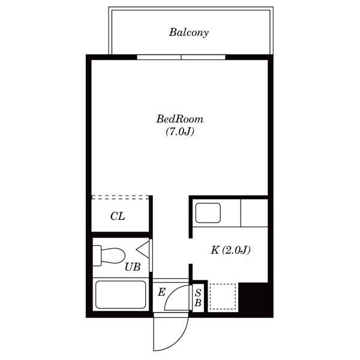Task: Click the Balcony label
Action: pos(189,32)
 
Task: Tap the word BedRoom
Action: pos(180,119)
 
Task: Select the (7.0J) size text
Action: pos(180,131)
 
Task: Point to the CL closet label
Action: pos(118,216)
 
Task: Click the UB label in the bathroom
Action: pos(133,267)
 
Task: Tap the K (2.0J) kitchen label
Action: pos(230,250)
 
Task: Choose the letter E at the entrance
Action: pos(161,292)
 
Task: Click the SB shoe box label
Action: pos(198,298)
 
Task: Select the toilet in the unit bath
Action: pos(109,256)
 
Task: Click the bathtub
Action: pos(121,295)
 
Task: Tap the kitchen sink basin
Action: pos(208,213)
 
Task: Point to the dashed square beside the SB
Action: pos(223,296)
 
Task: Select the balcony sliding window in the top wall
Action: pos(181,57)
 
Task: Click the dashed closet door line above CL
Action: pos(121,197)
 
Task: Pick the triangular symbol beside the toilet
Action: pos(143,249)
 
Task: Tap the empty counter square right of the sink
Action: pos(254,213)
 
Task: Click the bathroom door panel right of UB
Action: pos(151,256)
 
